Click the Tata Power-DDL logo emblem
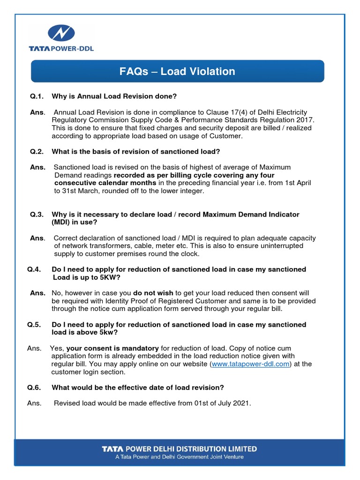click(x=61, y=34)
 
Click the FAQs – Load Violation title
click(x=177, y=71)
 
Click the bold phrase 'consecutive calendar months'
click(x=105, y=183)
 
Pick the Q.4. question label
click(x=36, y=269)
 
